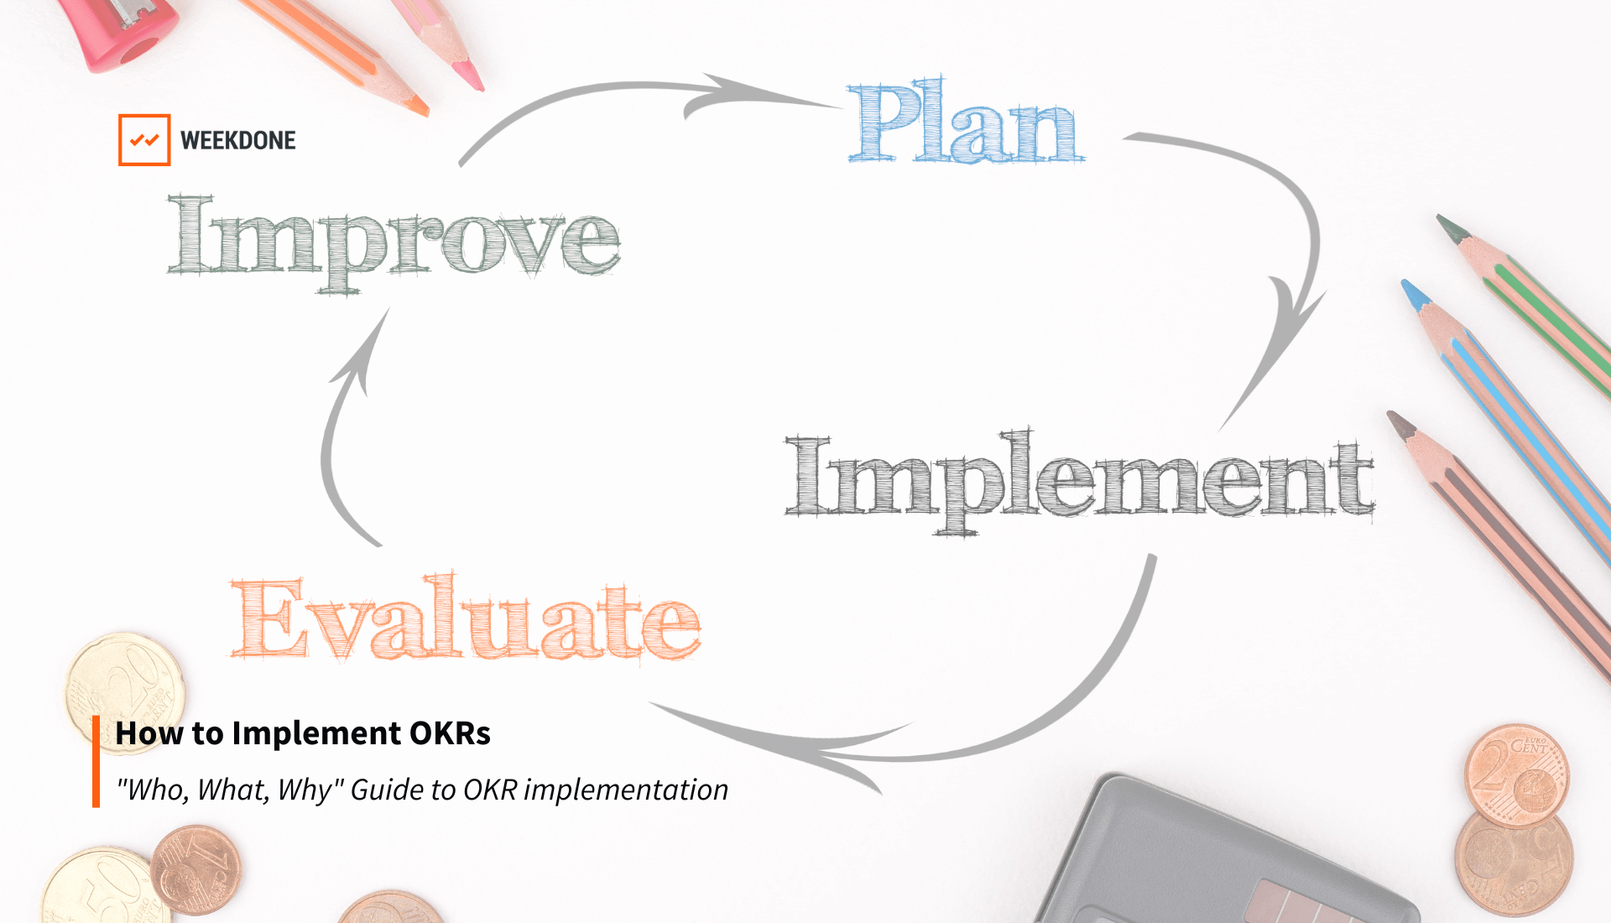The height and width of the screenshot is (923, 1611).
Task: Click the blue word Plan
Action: click(x=965, y=124)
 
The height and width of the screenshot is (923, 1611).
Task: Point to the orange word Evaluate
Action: click(x=466, y=621)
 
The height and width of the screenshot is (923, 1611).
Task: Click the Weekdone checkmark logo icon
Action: click(x=144, y=140)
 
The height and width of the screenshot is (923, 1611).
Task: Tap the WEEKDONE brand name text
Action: click(x=238, y=140)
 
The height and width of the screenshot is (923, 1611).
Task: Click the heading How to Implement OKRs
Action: click(x=303, y=733)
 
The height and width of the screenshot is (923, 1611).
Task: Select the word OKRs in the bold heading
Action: click(x=450, y=733)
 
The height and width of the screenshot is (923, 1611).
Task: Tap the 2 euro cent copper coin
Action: click(x=1516, y=776)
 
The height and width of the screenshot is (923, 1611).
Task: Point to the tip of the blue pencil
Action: click(x=1414, y=294)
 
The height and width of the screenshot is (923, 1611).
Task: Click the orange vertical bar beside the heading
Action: click(x=96, y=761)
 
